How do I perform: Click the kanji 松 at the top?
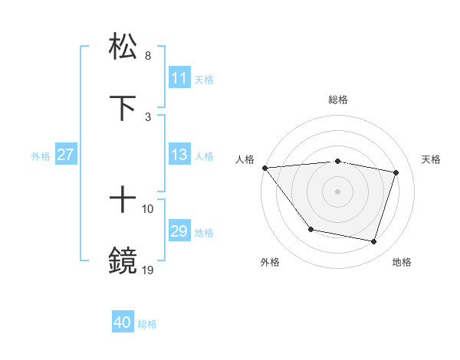(x=123, y=46)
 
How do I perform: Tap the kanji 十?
(x=123, y=200)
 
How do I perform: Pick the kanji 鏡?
(x=123, y=260)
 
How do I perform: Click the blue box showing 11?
(x=179, y=78)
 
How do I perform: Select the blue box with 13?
(x=179, y=155)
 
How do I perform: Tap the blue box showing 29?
(x=179, y=231)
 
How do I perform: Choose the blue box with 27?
(x=66, y=155)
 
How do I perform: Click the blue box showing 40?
(x=123, y=322)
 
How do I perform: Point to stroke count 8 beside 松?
(x=148, y=56)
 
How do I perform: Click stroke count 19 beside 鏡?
(x=148, y=269)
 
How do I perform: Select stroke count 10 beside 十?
(x=148, y=208)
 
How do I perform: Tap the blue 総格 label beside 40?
(x=147, y=324)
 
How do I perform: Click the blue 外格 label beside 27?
(x=41, y=156)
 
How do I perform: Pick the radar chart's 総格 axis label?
(x=338, y=100)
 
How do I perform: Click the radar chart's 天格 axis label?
(x=432, y=159)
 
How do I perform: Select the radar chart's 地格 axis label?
(x=402, y=262)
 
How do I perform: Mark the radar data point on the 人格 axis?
(x=264, y=168)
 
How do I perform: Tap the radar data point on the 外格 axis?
(x=310, y=229)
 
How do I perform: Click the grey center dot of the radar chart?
(x=338, y=191)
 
